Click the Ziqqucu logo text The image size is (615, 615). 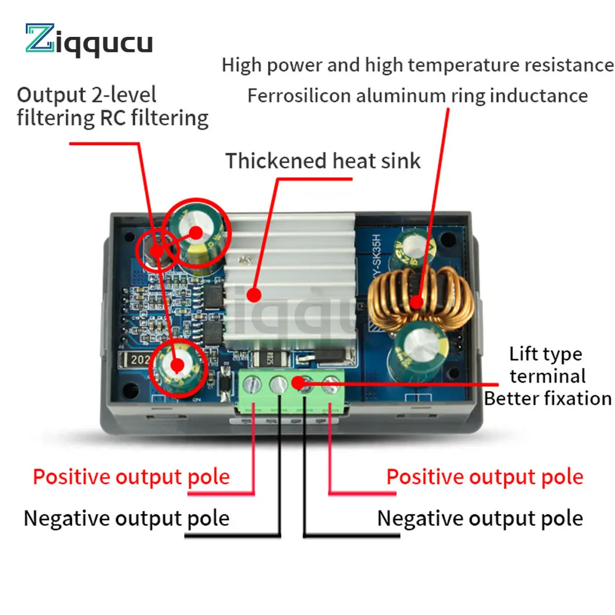[x=89, y=42]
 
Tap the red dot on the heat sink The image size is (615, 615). [x=253, y=295]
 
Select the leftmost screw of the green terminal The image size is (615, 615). [x=252, y=384]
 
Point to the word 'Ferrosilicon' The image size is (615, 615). [x=300, y=96]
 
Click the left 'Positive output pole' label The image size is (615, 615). [x=131, y=477]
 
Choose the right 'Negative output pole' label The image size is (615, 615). [x=480, y=518]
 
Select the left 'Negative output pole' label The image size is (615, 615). [x=126, y=518]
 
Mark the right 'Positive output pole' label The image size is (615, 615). [x=485, y=477]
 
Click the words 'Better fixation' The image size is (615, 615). [x=547, y=399]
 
